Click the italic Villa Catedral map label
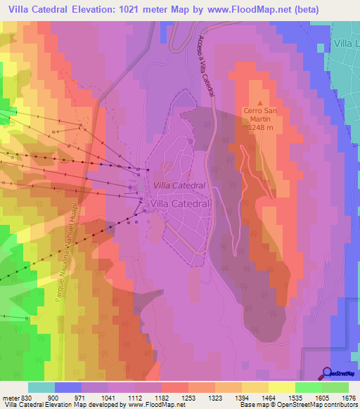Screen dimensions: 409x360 pyautogui.click(x=179, y=185)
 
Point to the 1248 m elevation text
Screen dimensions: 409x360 pyautogui.click(x=261, y=128)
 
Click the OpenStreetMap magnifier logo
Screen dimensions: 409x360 pyautogui.click(x=327, y=374)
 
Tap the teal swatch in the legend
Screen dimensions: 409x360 pyautogui.click(x=41, y=387)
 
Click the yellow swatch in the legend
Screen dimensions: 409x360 pyautogui.click(x=281, y=387)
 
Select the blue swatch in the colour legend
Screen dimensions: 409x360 pyautogui.click(x=68, y=387)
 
